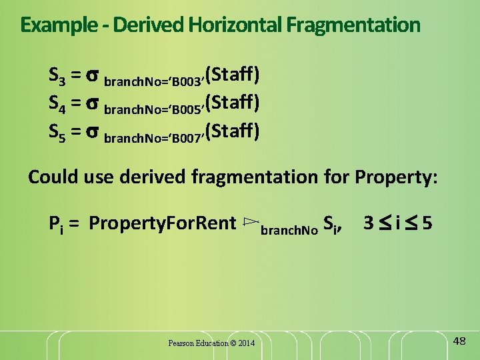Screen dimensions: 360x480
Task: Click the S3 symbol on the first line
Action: coord(57,74)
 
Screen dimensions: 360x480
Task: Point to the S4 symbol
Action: coord(57,103)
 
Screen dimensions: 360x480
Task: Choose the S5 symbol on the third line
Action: coord(57,131)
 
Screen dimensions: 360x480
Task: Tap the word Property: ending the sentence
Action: coord(397,177)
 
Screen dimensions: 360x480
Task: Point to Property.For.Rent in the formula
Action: coord(162,222)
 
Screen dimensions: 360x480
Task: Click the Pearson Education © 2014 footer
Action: coord(211,343)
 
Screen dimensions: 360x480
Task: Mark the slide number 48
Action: coord(459,341)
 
